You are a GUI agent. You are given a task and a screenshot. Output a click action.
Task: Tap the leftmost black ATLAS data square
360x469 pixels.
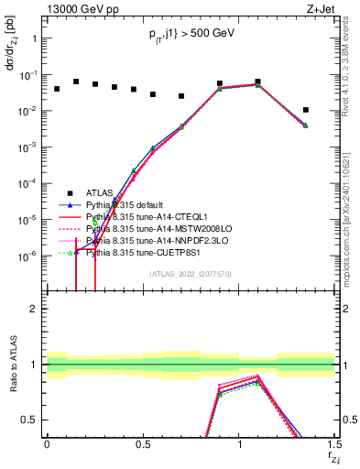[57, 89]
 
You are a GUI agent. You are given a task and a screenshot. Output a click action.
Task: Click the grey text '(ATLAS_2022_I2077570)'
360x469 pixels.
[190, 273]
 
